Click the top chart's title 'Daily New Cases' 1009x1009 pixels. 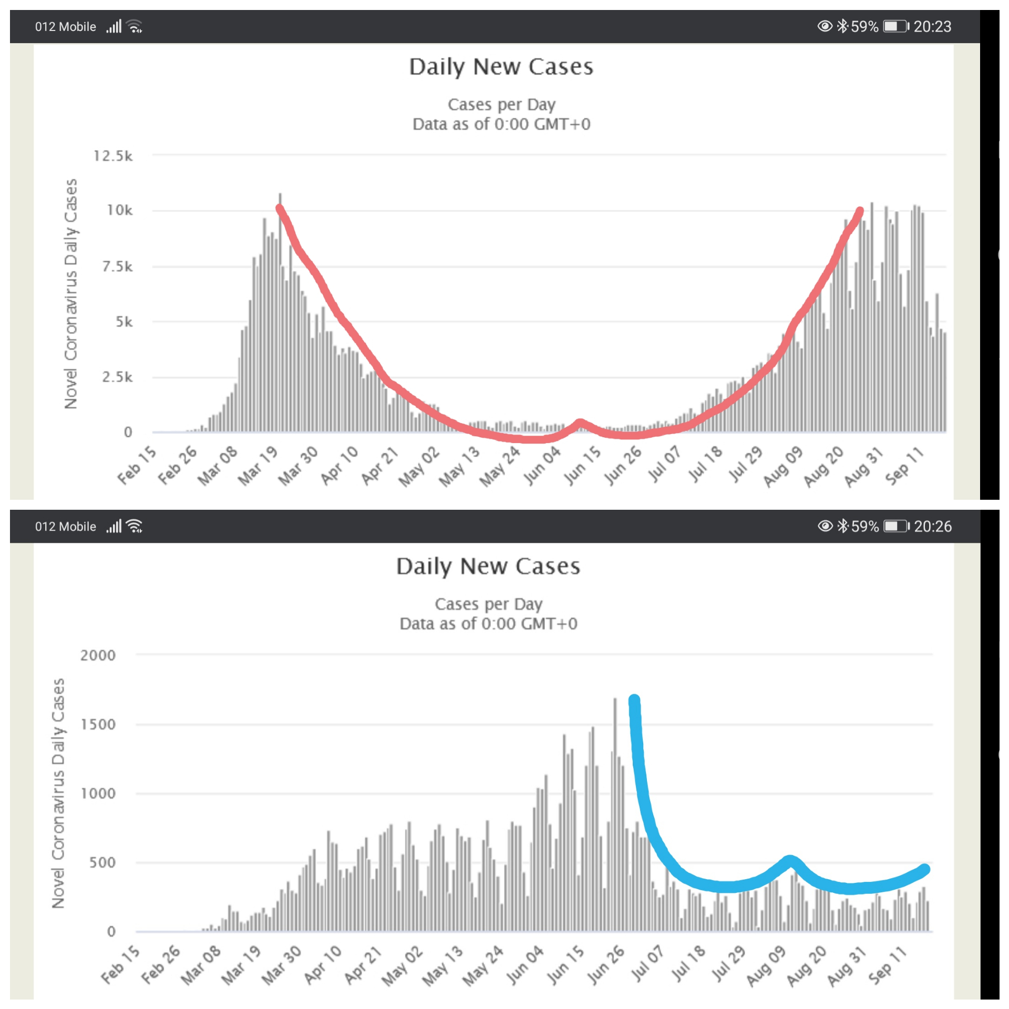[501, 67]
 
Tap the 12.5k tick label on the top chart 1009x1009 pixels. [113, 156]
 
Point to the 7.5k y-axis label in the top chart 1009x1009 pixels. [117, 267]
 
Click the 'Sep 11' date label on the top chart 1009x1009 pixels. [904, 466]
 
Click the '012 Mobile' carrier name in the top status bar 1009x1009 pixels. [66, 27]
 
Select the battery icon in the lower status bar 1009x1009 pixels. [895, 526]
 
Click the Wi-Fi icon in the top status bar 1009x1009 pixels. [135, 26]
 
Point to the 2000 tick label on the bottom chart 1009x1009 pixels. [98, 655]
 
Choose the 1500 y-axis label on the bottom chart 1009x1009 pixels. [98, 724]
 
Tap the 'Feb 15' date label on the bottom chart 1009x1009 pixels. [121, 965]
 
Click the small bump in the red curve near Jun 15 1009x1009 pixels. [580, 423]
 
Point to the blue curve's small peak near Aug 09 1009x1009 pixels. [789, 861]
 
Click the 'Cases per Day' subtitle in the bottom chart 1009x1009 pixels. [488, 604]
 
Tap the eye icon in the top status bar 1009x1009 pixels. [825, 26]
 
